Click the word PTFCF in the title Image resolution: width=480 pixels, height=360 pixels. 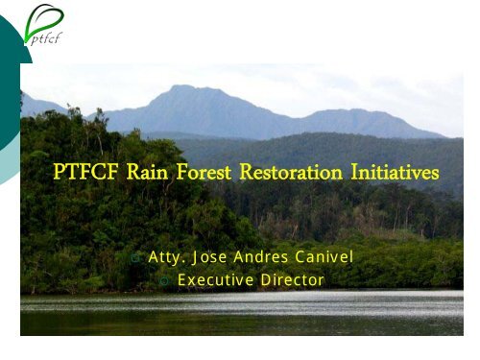click(x=87, y=174)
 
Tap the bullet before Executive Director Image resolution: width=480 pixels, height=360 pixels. click(x=165, y=281)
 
